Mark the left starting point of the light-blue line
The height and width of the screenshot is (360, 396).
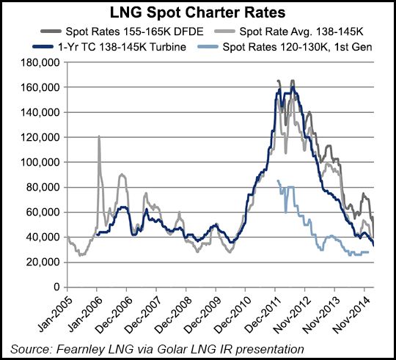[x=277, y=181]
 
